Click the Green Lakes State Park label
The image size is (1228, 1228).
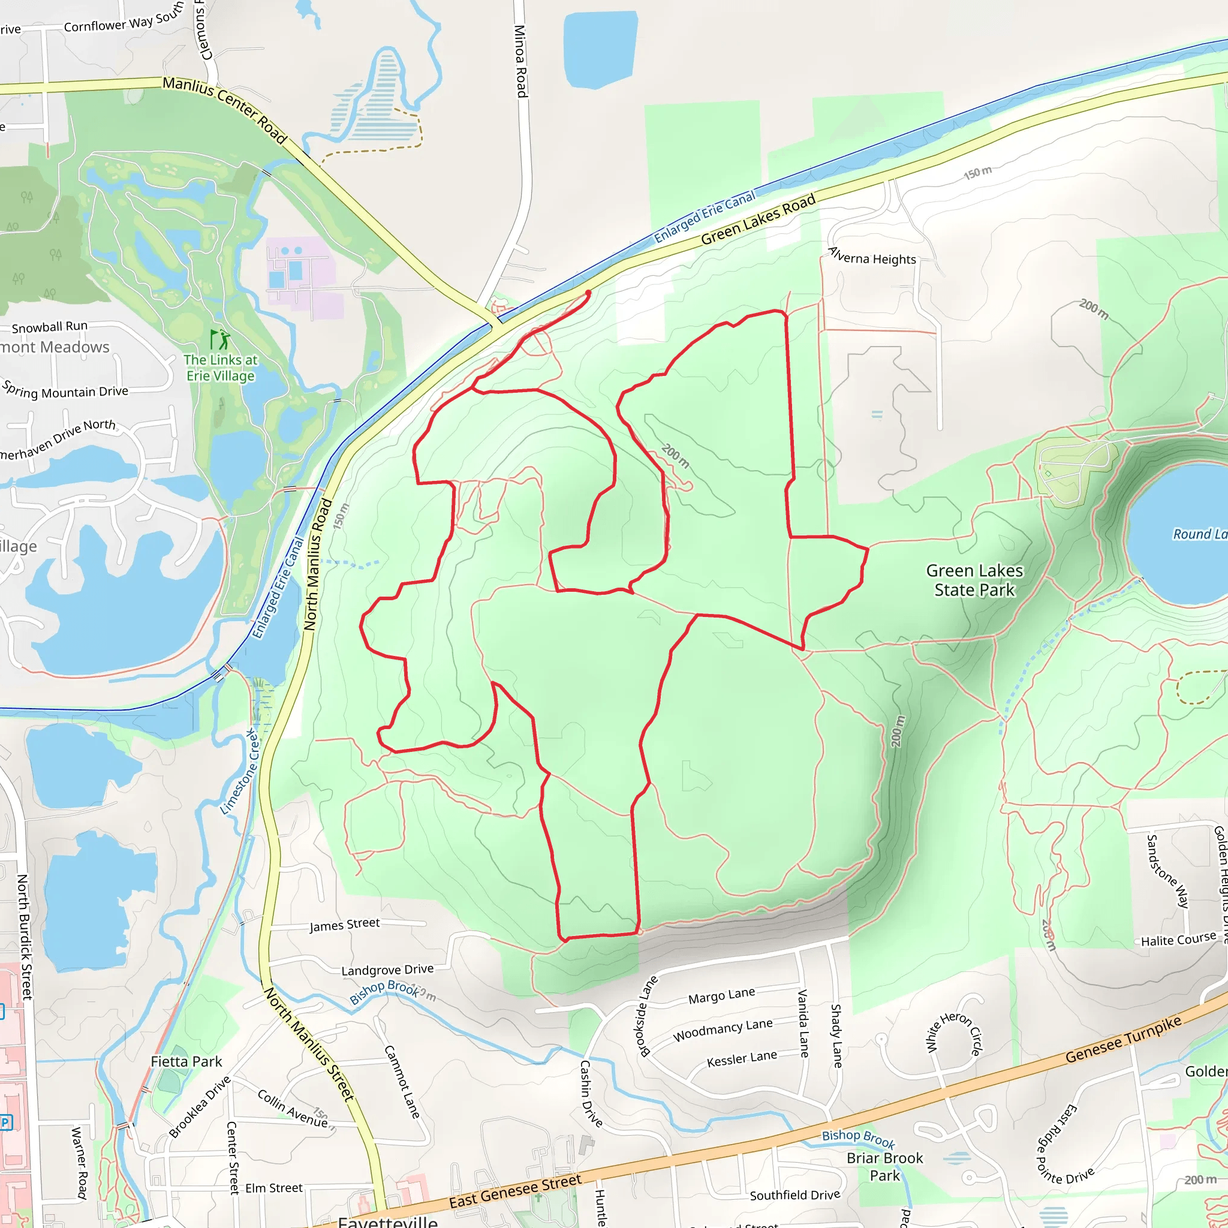point(974,580)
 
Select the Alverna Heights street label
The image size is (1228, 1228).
point(872,256)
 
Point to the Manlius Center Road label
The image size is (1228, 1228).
point(225,109)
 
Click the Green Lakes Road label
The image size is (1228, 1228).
point(758,220)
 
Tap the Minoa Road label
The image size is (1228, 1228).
point(520,61)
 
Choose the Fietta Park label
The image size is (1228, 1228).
point(186,1061)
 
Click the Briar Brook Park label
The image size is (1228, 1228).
point(884,1166)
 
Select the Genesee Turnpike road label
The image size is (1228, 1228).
point(1123,1039)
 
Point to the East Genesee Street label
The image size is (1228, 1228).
point(515,1190)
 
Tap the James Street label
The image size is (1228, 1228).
point(345,925)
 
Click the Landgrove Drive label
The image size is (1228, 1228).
point(387,970)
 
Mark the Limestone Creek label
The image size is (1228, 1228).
point(240,771)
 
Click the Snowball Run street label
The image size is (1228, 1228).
point(50,327)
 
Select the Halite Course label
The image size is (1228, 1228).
point(1178,940)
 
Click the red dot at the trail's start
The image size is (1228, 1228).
point(588,293)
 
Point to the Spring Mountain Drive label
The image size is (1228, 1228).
point(65,390)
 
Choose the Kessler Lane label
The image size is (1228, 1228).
point(742,1059)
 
